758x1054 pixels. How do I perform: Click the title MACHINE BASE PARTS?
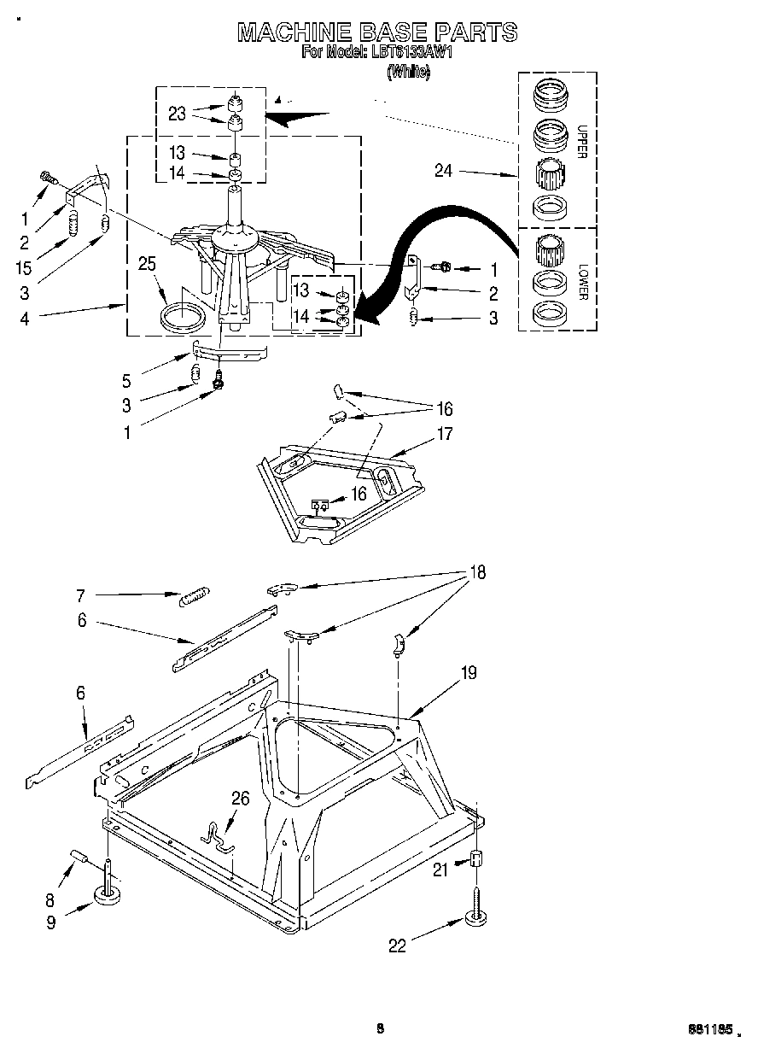376,32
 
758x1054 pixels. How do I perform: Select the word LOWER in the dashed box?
583,281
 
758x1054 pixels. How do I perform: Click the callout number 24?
443,171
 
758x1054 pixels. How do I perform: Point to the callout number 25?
148,265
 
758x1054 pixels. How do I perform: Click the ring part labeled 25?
183,314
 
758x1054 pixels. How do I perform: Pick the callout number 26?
241,798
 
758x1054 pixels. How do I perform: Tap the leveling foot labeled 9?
108,895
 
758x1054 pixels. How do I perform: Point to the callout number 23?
177,113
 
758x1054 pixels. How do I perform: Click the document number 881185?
710,1031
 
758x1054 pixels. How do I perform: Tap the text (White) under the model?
408,73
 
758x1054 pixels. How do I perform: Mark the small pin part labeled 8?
78,855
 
